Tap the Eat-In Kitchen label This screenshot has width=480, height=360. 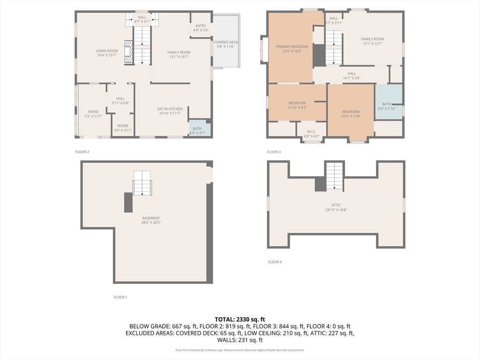[169, 111]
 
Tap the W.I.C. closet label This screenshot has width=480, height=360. [312, 134]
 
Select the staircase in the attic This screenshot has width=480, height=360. [335, 175]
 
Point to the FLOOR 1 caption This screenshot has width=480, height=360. [120, 297]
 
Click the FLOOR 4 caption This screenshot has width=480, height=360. [275, 262]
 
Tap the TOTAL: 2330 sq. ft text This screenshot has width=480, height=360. [240, 319]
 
